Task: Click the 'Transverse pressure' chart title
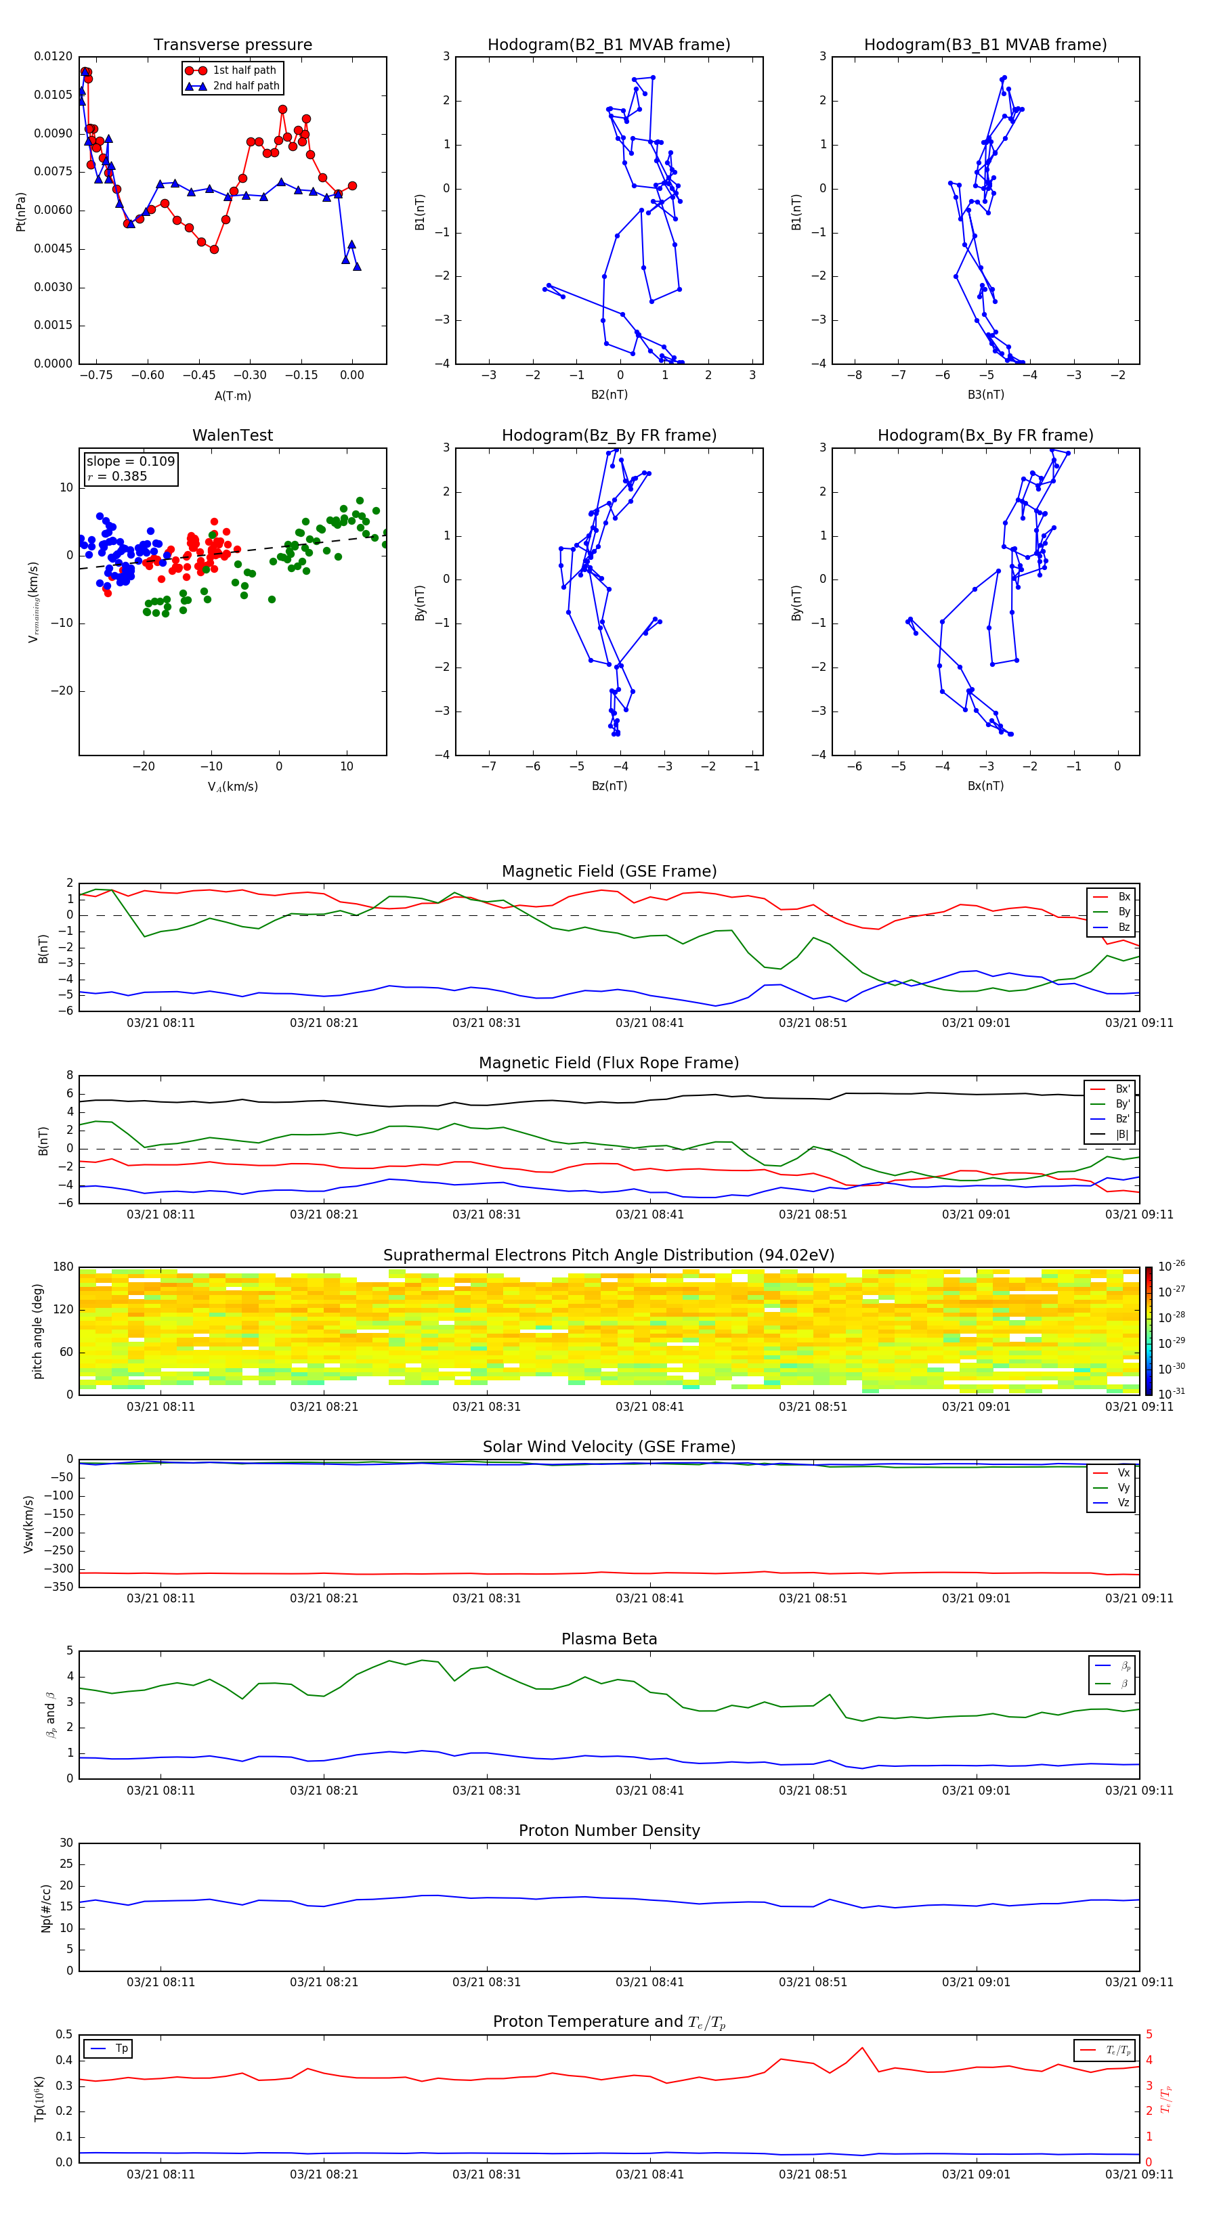click(x=232, y=45)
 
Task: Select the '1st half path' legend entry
click(x=244, y=70)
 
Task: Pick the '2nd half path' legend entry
click(x=246, y=86)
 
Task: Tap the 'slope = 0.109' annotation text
click(x=130, y=462)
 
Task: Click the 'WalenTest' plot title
click(x=232, y=435)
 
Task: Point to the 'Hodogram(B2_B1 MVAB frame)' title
click(x=608, y=45)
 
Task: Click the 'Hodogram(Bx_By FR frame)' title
click(x=985, y=435)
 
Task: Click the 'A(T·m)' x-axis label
click(x=232, y=396)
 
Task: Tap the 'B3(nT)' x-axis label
click(x=985, y=395)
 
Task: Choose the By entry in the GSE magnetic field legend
click(x=1124, y=911)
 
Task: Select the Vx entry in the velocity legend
click(x=1124, y=1472)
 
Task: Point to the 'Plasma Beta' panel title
click(x=608, y=1639)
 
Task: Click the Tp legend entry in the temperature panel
click(x=121, y=2049)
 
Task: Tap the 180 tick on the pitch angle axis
click(x=62, y=1267)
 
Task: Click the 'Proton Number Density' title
click(x=608, y=1831)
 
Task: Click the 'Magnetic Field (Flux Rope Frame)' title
click(x=608, y=1064)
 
